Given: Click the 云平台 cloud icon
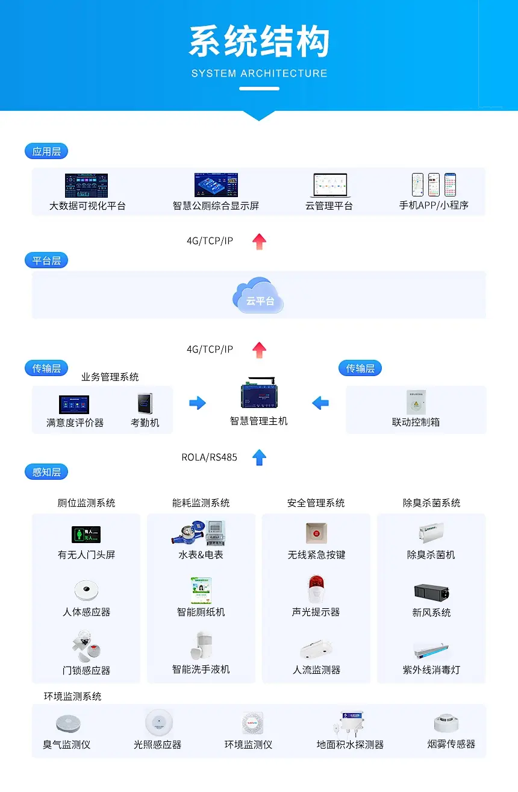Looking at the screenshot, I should click(x=258, y=295).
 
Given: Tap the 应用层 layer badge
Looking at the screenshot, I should click(x=46, y=151).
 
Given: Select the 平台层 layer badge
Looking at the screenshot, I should click(x=46, y=260).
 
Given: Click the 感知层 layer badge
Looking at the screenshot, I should click(x=46, y=472).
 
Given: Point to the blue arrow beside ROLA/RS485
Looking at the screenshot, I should click(x=259, y=457).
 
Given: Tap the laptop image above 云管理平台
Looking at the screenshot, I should click(x=329, y=186).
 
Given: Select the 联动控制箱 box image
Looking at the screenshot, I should click(x=416, y=402).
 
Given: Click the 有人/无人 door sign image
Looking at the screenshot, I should click(x=86, y=535).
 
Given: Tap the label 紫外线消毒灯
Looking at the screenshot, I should click(x=431, y=670).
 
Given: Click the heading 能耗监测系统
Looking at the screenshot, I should click(x=201, y=503).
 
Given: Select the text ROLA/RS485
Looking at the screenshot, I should click(x=209, y=457).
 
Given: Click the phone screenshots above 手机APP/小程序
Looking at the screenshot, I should click(x=434, y=185).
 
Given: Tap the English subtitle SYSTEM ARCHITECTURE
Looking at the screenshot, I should click(x=259, y=74).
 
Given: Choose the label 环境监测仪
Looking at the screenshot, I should click(x=248, y=744).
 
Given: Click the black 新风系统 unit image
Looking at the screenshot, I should click(x=431, y=592).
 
